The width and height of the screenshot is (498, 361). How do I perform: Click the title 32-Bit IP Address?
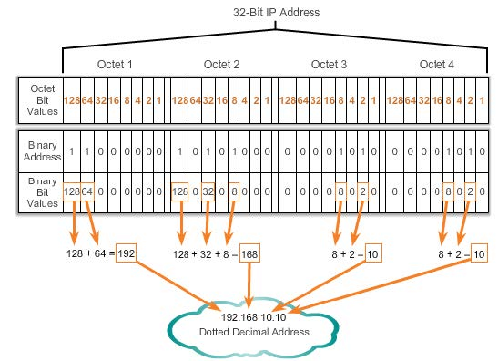point(277,13)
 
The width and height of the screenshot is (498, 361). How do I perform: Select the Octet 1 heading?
point(115,64)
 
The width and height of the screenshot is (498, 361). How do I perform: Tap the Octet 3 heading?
point(329,64)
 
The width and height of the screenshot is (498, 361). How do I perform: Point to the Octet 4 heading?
point(437,64)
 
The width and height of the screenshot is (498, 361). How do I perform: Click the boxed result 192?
point(126,253)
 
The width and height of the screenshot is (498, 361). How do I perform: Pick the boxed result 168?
point(249,253)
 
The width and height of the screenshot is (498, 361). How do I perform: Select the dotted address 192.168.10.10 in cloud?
point(253,317)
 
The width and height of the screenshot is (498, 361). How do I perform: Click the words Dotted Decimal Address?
point(254,332)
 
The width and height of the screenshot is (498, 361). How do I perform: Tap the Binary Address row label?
point(42,150)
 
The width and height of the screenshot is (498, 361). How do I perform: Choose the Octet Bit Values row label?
point(42,100)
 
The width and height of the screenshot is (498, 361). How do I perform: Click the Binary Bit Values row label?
point(42,192)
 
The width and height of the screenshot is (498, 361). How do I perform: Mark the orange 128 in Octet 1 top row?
point(72,100)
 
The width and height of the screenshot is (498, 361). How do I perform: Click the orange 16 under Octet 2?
point(221,100)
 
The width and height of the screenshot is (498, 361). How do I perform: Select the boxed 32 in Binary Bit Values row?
point(208,191)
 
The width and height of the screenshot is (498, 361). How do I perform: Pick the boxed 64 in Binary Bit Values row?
point(87,191)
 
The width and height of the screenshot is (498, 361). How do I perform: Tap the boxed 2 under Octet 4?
point(470,191)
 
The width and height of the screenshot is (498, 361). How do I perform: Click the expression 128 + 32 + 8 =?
point(206,254)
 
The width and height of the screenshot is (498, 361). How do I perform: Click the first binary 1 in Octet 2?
point(179,151)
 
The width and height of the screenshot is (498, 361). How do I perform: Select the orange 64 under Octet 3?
point(302,100)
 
